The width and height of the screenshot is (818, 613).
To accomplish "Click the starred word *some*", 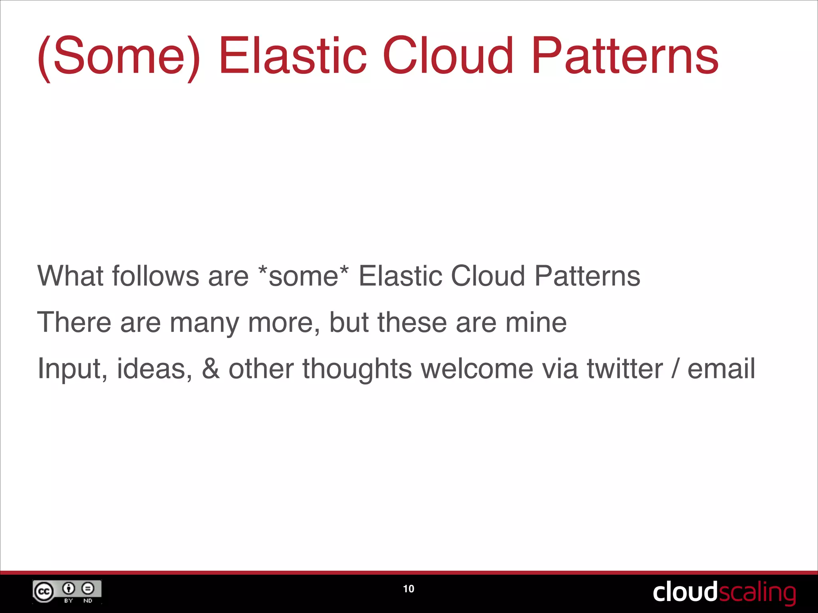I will pyautogui.click(x=304, y=276).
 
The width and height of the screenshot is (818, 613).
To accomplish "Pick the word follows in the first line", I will pyautogui.click(x=155, y=276).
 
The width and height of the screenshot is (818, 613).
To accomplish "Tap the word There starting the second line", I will pyautogui.click(x=74, y=322).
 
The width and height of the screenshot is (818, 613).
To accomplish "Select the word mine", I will pyautogui.click(x=536, y=322).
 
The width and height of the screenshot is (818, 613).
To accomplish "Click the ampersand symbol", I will pyautogui.click(x=210, y=369).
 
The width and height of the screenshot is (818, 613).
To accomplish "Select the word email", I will pyautogui.click(x=721, y=369).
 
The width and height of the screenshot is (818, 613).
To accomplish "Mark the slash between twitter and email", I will pyautogui.click(x=675, y=369).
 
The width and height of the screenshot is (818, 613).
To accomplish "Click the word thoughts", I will pyautogui.click(x=357, y=369).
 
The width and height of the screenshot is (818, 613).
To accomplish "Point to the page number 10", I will pyautogui.click(x=409, y=589).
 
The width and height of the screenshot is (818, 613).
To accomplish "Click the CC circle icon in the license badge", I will pyautogui.click(x=44, y=591).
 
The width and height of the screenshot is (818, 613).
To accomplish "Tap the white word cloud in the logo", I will pyautogui.click(x=685, y=592).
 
